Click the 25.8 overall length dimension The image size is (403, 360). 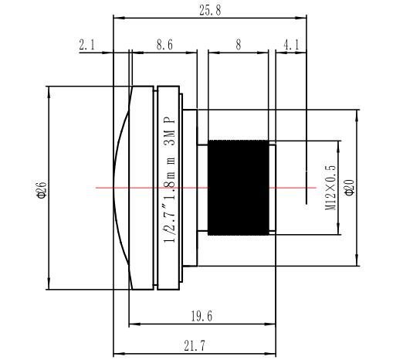[210, 11]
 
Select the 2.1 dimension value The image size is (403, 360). [86, 45]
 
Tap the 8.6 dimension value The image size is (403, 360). [164, 45]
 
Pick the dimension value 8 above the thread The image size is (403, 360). [239, 45]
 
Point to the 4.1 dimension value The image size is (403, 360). [291, 45]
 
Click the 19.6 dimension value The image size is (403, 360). [201, 316]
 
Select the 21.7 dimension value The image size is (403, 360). [195, 346]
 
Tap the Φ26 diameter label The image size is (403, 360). [42, 190]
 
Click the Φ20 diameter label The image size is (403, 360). [349, 188]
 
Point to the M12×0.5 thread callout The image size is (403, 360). [330, 188]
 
